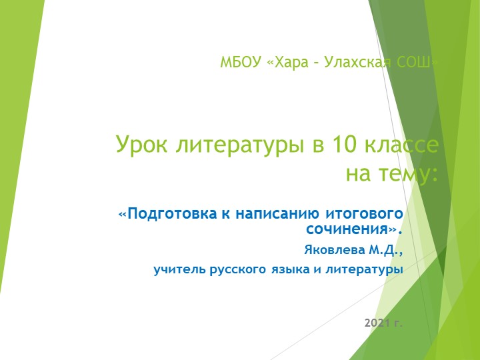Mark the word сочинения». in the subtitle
pyautogui.click(x=354, y=230)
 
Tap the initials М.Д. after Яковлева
pyautogui.click(x=383, y=251)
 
